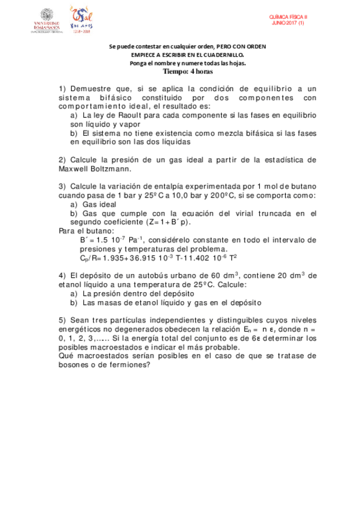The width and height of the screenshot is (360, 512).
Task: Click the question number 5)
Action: coord(63,320)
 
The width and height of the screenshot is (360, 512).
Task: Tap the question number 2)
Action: coord(63,160)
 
